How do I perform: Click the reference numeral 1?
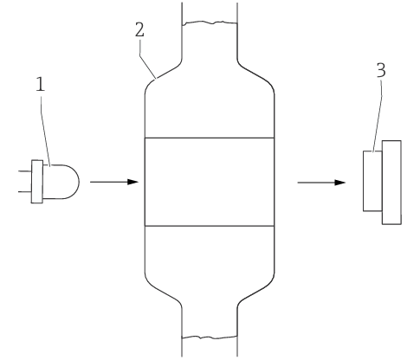tap(41, 85)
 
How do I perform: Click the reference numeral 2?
tap(139, 29)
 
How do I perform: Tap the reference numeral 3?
tap(381, 70)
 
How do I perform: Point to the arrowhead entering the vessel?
tap(133, 182)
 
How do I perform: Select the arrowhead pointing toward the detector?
tap(340, 183)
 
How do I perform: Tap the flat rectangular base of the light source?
tap(37, 182)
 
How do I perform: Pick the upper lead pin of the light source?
tap(25, 171)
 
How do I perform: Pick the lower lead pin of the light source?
tap(25, 191)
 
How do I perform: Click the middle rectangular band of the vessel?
tap(210, 182)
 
